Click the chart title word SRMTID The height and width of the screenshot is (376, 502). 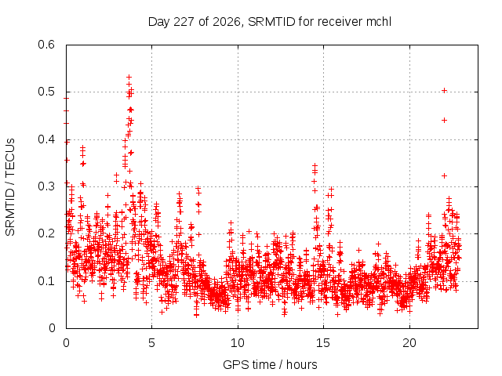pos(271,22)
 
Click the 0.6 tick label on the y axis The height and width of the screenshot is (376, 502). pos(46,45)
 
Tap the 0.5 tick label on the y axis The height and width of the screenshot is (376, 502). pos(46,92)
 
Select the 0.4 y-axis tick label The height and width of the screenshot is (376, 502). pos(46,139)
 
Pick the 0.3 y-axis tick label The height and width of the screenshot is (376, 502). pos(46,186)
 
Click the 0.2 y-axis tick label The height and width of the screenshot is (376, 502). pos(46,233)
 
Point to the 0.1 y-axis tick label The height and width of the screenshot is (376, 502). pos(46,281)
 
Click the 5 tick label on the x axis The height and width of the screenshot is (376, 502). pos(151,343)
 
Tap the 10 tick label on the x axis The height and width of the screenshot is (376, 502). pos(238,343)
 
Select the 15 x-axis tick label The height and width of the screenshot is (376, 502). pos(323,343)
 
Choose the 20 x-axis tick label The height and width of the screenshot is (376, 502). pos(409,343)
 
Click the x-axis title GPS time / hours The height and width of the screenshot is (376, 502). pos(270,364)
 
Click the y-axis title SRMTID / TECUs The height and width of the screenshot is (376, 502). pos(10,187)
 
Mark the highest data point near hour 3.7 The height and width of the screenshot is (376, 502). pos(129,77)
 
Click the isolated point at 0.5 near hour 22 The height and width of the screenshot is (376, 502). pos(444,91)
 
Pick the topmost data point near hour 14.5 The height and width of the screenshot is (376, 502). pos(315,165)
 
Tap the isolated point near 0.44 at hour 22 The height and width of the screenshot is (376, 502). pos(444,120)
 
